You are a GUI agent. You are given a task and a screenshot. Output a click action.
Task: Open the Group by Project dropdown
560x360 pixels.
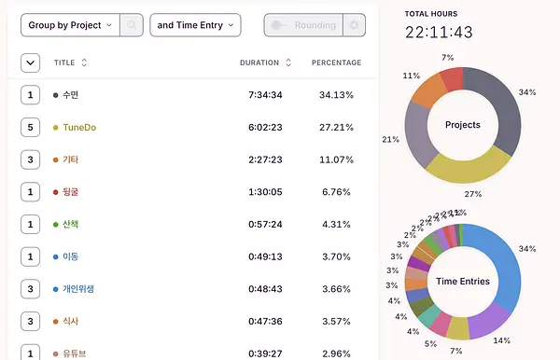pos(70,25)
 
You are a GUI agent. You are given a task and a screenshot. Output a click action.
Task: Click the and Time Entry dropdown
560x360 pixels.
pos(195,25)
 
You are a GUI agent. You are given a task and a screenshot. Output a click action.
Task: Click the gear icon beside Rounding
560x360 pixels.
pos(354,25)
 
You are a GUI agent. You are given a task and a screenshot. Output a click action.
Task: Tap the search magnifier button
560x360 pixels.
pos(132,25)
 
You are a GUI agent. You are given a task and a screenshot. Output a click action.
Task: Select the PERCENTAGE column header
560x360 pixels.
pos(336,62)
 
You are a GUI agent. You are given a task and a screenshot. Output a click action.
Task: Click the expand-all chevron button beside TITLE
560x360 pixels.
pos(31,62)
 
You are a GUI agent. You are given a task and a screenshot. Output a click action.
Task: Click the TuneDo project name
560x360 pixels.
pos(79,128)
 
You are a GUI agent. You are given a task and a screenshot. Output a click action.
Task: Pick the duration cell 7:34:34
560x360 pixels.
pos(265,95)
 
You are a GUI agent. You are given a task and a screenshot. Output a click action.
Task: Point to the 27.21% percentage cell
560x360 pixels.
pos(336,128)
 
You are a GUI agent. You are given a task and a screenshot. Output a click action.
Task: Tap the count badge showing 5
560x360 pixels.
pos(31,128)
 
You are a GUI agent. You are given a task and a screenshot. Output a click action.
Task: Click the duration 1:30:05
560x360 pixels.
pos(265,192)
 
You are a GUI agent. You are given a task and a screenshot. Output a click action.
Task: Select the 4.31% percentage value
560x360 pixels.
pos(336,225)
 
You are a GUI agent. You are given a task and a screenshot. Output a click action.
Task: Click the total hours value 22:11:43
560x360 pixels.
pos(439,33)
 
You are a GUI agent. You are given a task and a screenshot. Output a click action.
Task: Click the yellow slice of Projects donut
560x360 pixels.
pos(469,169)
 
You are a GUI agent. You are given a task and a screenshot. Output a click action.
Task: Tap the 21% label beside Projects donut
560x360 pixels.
pos(391,140)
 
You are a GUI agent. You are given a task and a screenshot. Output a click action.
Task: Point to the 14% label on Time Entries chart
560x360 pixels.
pos(502,340)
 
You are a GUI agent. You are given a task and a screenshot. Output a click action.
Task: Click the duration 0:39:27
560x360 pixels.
pos(265,353)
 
